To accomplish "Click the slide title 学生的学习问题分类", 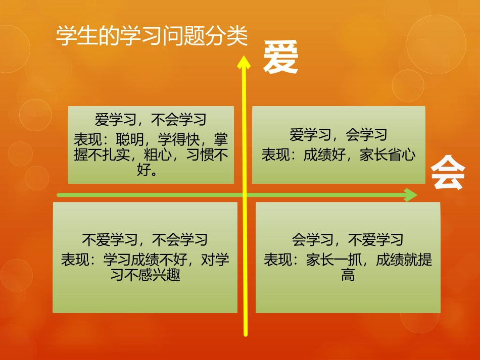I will point(152,37).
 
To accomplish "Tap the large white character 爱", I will point(280,58).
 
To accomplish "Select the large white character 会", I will point(448,173).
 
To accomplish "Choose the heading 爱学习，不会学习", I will point(151,120).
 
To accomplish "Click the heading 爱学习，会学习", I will point(339,135).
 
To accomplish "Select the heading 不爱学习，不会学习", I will point(145,239).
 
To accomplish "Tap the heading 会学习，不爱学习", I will point(348,239).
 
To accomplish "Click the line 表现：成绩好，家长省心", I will point(339,154).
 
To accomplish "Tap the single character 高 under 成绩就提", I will point(348,276).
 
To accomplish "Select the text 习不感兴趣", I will point(145,276).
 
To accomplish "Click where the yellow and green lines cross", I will point(245,195).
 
